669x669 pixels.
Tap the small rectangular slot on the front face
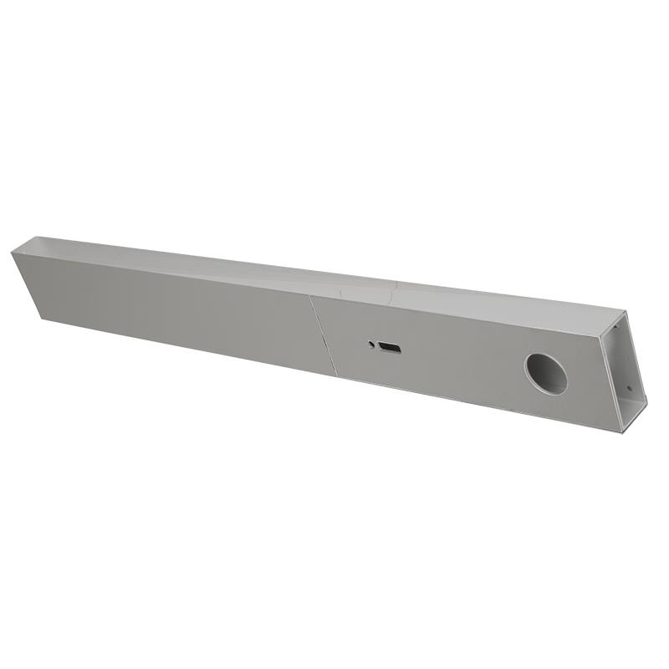pyautogui.click(x=389, y=347)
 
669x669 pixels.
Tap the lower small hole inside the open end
pyautogui.click(x=630, y=387)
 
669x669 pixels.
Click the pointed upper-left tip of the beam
pyautogui.click(x=13, y=251)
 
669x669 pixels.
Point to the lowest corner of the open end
pyautogui.click(x=623, y=432)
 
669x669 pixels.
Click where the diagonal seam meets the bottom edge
pyautogui.click(x=336, y=375)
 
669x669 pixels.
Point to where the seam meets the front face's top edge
pyautogui.click(x=310, y=295)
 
